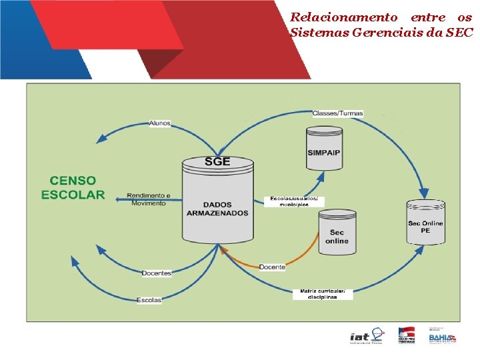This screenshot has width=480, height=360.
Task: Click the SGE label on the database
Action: [x=217, y=162]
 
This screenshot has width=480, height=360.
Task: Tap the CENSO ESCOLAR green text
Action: [x=73, y=187]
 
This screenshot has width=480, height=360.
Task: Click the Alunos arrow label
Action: [x=160, y=123]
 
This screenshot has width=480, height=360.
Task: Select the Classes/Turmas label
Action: [x=337, y=113]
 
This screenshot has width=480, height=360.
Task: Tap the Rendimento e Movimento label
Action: [x=148, y=199]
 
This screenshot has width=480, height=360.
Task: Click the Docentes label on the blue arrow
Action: [x=157, y=273]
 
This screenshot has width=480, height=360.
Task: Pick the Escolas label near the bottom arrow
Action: [x=149, y=300]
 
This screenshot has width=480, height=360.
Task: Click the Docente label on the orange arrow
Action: [x=272, y=267]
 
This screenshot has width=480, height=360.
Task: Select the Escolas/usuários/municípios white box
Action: [x=294, y=201]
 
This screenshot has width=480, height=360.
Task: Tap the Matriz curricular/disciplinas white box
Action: [x=322, y=294]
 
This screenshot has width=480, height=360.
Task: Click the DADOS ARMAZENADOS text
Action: [x=217, y=209]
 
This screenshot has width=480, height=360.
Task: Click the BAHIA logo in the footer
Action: [x=441, y=337]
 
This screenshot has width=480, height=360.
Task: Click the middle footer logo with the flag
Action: [x=406, y=336]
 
